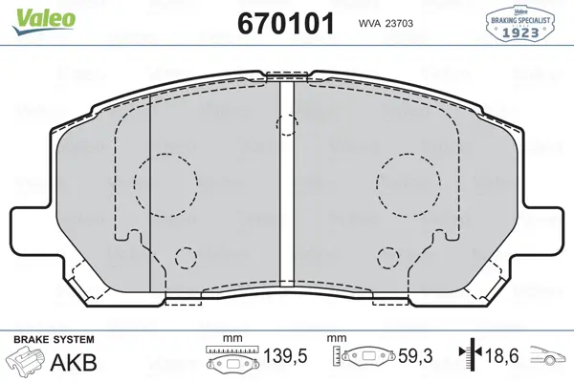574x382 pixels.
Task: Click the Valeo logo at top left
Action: pyautogui.click(x=44, y=20)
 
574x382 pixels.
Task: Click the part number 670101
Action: pyautogui.click(x=286, y=23)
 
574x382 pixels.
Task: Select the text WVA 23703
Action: pyautogui.click(x=386, y=23)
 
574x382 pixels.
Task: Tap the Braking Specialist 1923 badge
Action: pyautogui.click(x=519, y=23)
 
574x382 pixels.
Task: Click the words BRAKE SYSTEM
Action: pyautogui.click(x=54, y=339)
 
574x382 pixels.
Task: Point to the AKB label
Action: pyautogui.click(x=74, y=363)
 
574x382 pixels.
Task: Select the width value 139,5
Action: pyautogui.click(x=285, y=355)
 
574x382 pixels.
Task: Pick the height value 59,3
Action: pyautogui.click(x=415, y=355)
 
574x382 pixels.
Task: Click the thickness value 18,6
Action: pyautogui.click(x=501, y=355)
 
